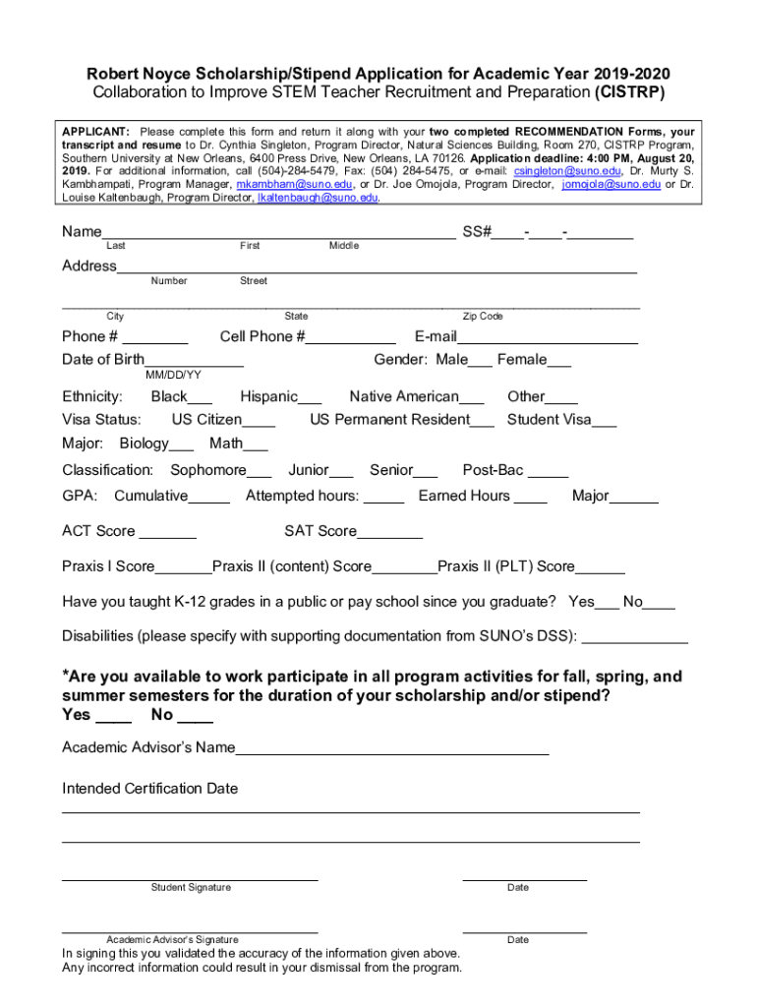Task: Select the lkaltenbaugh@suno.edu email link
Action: tap(317, 198)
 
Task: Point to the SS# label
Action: tap(476, 232)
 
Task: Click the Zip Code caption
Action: tap(483, 317)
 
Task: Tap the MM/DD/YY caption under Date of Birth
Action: tap(173, 375)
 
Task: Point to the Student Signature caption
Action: tap(191, 888)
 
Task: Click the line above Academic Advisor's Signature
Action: tap(190, 930)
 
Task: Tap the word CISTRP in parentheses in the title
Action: tap(630, 93)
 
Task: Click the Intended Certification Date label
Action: tap(149, 789)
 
